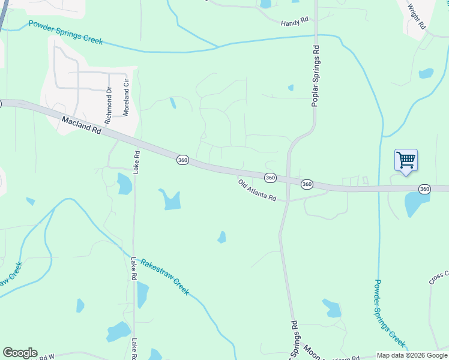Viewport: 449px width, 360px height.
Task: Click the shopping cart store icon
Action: tap(406, 161)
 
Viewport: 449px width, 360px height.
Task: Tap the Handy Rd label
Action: tap(294, 22)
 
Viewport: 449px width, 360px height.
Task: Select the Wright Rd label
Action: tap(416, 17)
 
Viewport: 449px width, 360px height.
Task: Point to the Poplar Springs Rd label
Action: tap(316, 77)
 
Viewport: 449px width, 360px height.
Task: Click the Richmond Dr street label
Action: tap(109, 106)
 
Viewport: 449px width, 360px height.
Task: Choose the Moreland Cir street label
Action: tap(126, 97)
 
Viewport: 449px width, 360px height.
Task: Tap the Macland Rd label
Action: tap(82, 125)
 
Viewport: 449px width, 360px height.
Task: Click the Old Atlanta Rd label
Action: tap(256, 191)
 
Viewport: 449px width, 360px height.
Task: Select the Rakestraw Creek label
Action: tap(164, 277)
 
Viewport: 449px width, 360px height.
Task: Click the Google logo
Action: tap(20, 353)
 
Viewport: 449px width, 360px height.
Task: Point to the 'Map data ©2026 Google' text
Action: tap(412, 355)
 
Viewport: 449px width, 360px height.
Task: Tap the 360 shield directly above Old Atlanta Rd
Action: tap(270, 178)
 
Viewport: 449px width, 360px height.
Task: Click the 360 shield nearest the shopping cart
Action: tap(424, 189)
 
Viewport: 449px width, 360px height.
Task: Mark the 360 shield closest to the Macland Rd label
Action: tap(183, 160)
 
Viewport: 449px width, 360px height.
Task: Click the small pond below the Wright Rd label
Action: tap(426, 73)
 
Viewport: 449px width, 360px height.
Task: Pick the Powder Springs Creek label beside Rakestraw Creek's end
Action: tap(389, 312)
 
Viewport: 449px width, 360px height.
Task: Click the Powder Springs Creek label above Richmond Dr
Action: tap(65, 32)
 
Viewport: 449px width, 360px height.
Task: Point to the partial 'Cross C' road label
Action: tap(438, 278)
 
